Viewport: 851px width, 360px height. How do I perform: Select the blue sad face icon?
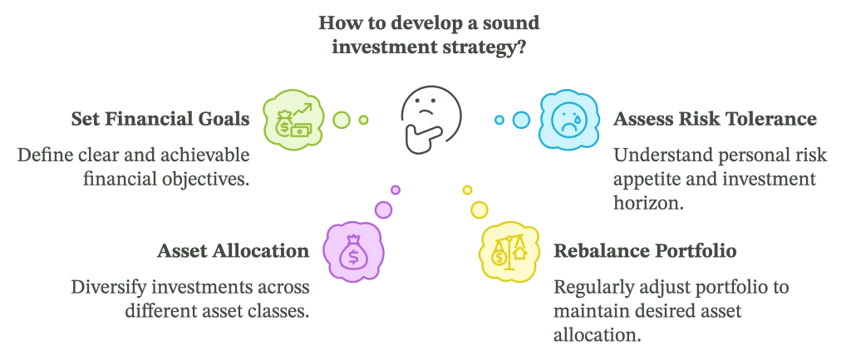click(568, 120)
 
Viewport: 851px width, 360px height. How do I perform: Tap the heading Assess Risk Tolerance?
click(715, 120)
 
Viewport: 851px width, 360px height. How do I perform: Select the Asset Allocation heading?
click(234, 250)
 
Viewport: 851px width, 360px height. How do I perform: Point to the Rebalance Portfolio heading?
click(645, 250)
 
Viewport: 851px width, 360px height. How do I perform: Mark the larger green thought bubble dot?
click(342, 120)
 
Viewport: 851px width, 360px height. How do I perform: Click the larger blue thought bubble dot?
click(521, 120)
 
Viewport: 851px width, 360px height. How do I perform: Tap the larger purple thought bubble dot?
click(383, 209)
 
